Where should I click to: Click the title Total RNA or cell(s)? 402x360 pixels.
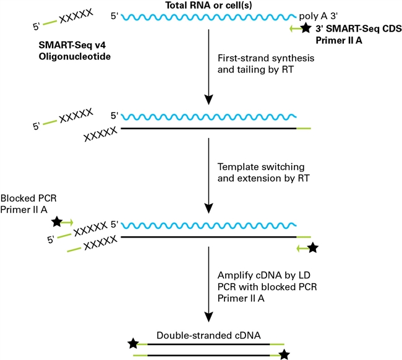click(x=208, y=5)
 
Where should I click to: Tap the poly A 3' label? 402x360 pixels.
click(x=318, y=16)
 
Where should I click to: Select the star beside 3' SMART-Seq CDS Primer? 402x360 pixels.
click(x=306, y=28)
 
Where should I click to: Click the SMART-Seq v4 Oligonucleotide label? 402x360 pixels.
click(x=75, y=51)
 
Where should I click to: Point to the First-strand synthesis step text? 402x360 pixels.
click(x=266, y=64)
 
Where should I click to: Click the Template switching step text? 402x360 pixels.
click(x=263, y=173)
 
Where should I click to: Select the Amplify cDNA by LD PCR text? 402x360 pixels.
click(x=267, y=286)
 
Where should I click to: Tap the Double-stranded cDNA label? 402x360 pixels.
click(x=208, y=335)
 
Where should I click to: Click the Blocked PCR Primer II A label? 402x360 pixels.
click(x=28, y=204)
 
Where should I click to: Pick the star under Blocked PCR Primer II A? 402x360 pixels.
click(x=57, y=222)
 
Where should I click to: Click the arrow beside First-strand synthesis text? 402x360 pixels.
click(x=208, y=67)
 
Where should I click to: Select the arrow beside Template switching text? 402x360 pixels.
click(x=208, y=176)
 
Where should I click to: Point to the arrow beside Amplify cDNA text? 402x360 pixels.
click(x=208, y=285)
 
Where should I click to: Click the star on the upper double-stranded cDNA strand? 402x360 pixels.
click(x=133, y=343)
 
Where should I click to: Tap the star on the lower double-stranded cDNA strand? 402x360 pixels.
click(x=284, y=355)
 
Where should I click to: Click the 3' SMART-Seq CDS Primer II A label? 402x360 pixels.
click(x=359, y=35)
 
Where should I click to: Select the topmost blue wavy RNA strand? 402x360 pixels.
click(x=208, y=17)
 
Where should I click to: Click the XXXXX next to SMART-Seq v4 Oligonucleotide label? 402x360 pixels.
click(x=76, y=16)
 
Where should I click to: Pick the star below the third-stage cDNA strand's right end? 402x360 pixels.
click(x=313, y=248)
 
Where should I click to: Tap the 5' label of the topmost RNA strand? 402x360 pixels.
click(x=114, y=16)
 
